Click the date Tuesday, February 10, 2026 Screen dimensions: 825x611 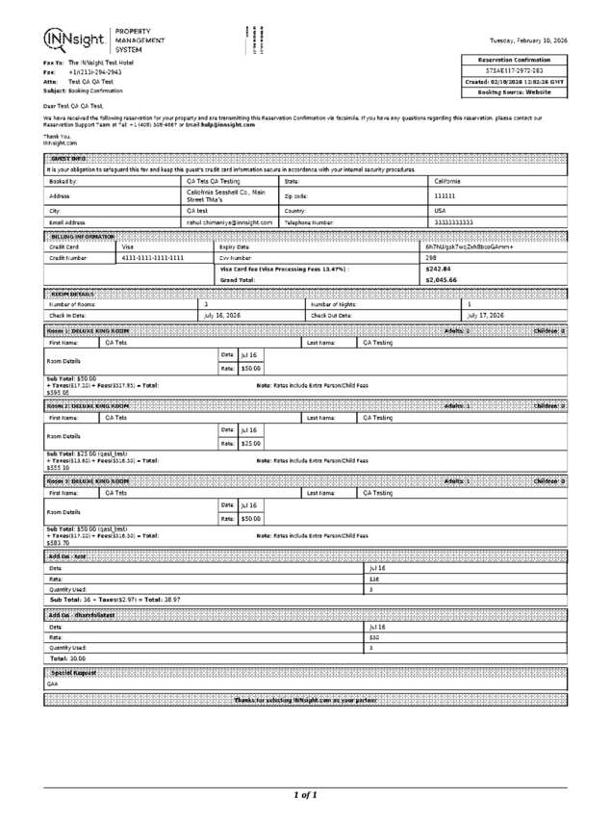pyautogui.click(x=528, y=40)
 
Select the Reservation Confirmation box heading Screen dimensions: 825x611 pyautogui.click(x=515, y=60)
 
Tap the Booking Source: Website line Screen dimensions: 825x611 pyautogui.click(x=515, y=92)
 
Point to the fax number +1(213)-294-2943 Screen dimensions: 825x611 pyautogui.click(x=94, y=72)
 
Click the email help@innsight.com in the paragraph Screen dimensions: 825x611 pyautogui.click(x=228, y=124)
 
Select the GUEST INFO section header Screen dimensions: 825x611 pyautogui.click(x=68, y=158)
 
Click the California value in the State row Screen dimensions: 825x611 pyautogui.click(x=448, y=181)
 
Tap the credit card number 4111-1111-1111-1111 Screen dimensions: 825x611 pyautogui.click(x=153, y=258)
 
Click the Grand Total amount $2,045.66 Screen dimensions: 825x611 pyautogui.click(x=441, y=280)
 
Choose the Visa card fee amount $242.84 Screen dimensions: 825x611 pyautogui.click(x=438, y=270)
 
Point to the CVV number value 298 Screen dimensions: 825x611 pyautogui.click(x=431, y=258)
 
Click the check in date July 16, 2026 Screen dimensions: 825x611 pyautogui.click(x=222, y=315)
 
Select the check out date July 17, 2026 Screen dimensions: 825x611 pyautogui.click(x=486, y=315)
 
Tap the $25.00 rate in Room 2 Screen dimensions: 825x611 pyautogui.click(x=250, y=444)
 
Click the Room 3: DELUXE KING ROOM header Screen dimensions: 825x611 pyautogui.click(x=89, y=480)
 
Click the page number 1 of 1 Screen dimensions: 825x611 pyautogui.click(x=305, y=795)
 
